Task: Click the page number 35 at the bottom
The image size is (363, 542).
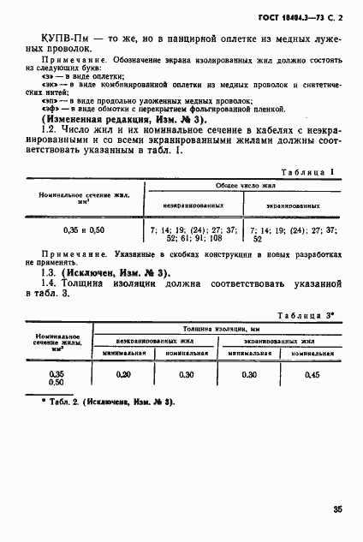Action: point(338,509)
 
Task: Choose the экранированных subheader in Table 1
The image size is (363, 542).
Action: point(292,205)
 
